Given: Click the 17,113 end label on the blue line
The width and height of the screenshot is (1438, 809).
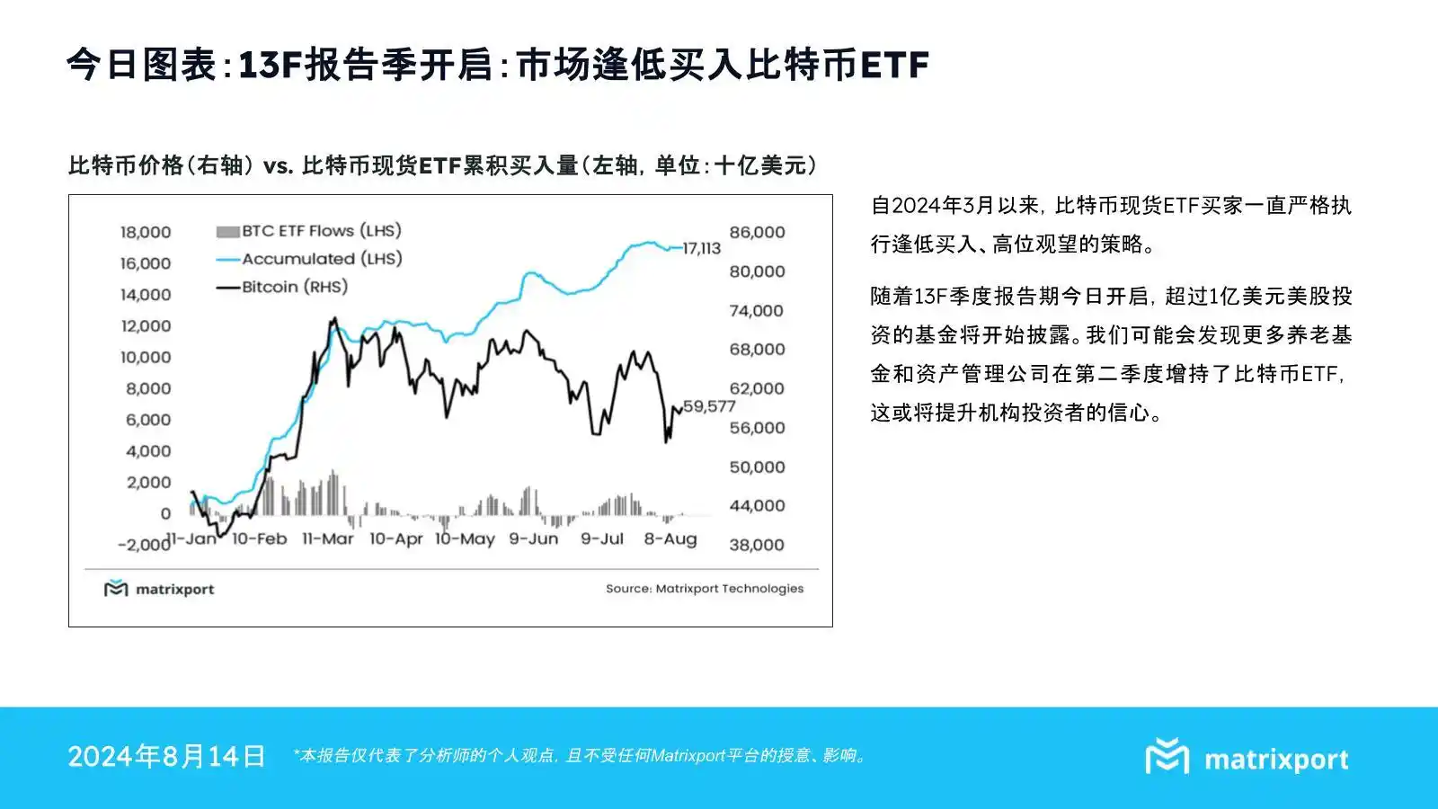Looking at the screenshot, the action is coord(701,248).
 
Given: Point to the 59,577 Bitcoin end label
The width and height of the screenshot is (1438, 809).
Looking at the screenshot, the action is coord(709,405).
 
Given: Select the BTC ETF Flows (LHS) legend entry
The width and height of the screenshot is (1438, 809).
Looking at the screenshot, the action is coord(309,231).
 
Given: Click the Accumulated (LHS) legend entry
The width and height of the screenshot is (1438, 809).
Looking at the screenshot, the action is coord(309,259).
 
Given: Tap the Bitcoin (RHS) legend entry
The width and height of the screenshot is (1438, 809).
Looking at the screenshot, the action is coord(282,287).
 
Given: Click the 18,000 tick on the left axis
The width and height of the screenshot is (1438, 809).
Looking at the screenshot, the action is coord(146,232).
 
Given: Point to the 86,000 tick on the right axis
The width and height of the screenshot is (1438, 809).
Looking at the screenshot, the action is coord(757,232).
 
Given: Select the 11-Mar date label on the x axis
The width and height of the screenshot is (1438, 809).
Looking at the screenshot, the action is coord(328,538).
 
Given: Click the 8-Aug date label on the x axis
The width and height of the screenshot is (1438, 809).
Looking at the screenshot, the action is coord(670,538).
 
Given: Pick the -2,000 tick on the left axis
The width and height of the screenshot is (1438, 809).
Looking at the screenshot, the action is coord(144,545).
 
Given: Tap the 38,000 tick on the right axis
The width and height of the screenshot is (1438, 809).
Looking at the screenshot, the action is coord(757,545).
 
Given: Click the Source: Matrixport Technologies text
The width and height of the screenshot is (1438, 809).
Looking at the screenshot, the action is coord(705,589).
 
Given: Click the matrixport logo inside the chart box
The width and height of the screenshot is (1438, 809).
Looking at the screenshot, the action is coord(159,588).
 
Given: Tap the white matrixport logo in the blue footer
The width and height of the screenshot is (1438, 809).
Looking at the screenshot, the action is coord(1247,758).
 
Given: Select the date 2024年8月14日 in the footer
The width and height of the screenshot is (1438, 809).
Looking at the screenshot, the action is coord(166,756).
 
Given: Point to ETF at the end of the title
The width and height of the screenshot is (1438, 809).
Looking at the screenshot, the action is coord(895,65).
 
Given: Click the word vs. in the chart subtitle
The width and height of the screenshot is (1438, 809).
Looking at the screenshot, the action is coord(279,165).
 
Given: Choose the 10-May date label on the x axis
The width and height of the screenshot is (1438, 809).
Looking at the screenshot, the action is coord(465,538).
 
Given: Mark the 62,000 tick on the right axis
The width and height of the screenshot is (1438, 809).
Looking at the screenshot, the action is coord(757,388).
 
